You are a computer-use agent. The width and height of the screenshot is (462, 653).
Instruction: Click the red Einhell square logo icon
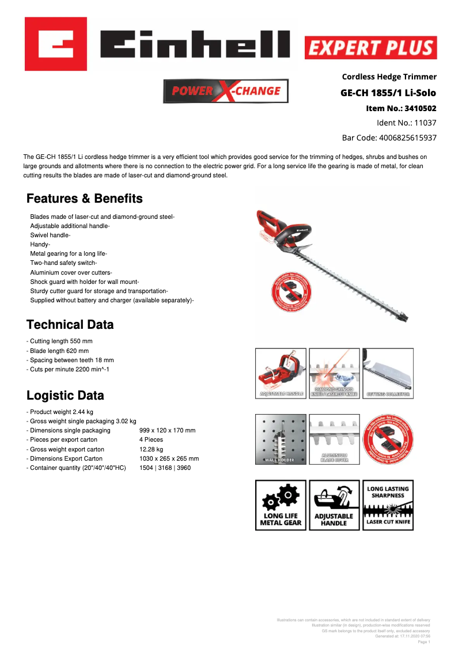[x=56, y=44]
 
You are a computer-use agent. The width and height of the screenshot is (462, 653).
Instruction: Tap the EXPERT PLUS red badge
[x=370, y=48]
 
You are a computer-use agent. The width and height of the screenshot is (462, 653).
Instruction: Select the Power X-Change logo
[x=226, y=91]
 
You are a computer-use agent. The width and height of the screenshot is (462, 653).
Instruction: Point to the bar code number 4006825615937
[x=407, y=138]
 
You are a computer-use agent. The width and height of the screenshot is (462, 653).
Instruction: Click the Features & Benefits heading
[x=85, y=199]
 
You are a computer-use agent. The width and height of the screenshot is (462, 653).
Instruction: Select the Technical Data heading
[x=70, y=325]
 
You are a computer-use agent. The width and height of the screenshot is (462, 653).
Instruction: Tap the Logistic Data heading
[x=65, y=396]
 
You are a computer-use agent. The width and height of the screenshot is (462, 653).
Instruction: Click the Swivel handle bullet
[x=50, y=236]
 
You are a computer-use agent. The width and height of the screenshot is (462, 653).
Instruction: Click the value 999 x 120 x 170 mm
[x=168, y=431]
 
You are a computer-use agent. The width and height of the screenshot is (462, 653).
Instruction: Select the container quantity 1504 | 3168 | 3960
[x=165, y=468]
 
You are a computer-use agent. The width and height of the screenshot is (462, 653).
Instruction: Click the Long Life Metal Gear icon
[x=281, y=505]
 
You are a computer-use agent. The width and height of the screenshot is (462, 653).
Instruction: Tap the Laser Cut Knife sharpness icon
[x=388, y=505]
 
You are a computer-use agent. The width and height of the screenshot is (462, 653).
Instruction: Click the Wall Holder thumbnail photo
[x=281, y=439]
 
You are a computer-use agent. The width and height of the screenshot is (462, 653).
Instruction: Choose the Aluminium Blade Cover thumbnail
[x=334, y=439]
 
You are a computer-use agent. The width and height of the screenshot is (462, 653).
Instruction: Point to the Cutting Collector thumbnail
[x=388, y=373]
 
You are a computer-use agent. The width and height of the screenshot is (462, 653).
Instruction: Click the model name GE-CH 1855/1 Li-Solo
[x=388, y=93]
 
